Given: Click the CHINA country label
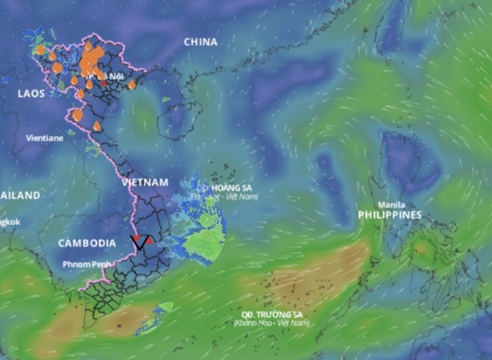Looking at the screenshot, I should [x=200, y=42].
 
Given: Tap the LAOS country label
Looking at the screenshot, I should [x=33, y=93].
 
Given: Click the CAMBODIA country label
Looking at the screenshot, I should [x=86, y=243].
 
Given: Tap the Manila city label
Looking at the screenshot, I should [x=392, y=205].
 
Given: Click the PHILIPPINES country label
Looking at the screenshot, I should [x=390, y=215].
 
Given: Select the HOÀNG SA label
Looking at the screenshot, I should [x=230, y=187].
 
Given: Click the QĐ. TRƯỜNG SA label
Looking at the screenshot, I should [x=271, y=314].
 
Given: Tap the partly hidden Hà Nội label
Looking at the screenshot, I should [x=105, y=77].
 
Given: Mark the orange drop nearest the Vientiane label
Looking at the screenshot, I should [x=78, y=115].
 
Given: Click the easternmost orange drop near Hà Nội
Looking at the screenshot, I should [x=132, y=84].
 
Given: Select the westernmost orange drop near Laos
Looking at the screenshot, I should [x=41, y=50].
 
